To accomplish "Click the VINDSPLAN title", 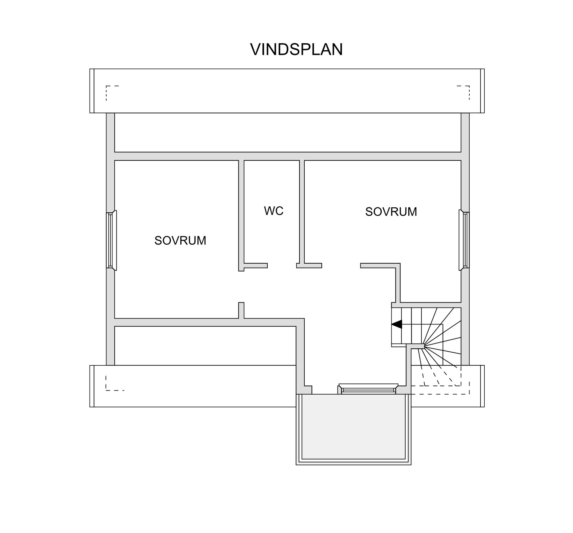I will point(296,50).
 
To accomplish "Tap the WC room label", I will point(273,211).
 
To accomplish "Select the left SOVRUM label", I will point(180,240).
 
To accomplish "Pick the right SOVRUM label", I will point(391,212).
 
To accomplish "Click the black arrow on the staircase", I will point(397,324).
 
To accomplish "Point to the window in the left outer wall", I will point(111,240).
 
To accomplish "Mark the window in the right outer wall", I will point(464,240).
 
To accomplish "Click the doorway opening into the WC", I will point(282,265).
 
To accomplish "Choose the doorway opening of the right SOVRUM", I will point(341,265).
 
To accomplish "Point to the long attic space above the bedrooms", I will point(288,132).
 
